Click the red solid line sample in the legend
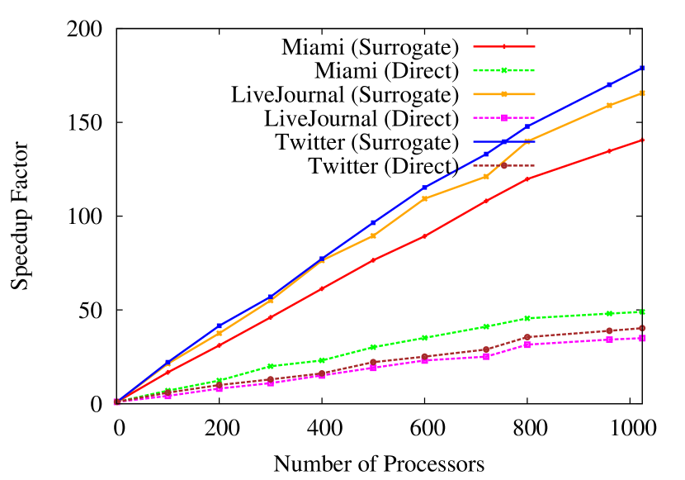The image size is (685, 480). click(504, 46)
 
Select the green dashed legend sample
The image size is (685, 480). click(504, 70)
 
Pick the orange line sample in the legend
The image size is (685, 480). click(504, 94)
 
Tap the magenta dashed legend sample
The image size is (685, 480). click(504, 117)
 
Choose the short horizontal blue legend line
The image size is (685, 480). click(504, 141)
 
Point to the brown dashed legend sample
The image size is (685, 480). click(504, 165)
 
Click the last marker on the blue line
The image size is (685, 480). click(642, 68)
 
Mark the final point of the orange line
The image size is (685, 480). click(642, 93)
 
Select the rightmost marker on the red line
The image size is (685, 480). click(642, 140)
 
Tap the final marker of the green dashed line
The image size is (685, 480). click(642, 311)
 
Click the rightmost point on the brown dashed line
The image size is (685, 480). click(642, 328)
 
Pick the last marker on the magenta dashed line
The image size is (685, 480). click(642, 338)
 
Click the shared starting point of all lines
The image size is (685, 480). click(116, 402)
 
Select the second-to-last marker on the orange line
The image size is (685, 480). click(609, 105)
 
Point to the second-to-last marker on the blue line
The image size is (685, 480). click(609, 84)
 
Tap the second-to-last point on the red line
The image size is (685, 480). click(609, 151)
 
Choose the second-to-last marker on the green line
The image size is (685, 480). click(609, 313)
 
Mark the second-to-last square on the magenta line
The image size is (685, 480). click(609, 340)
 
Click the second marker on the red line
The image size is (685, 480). click(168, 373)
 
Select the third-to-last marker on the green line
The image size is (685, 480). click(527, 318)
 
